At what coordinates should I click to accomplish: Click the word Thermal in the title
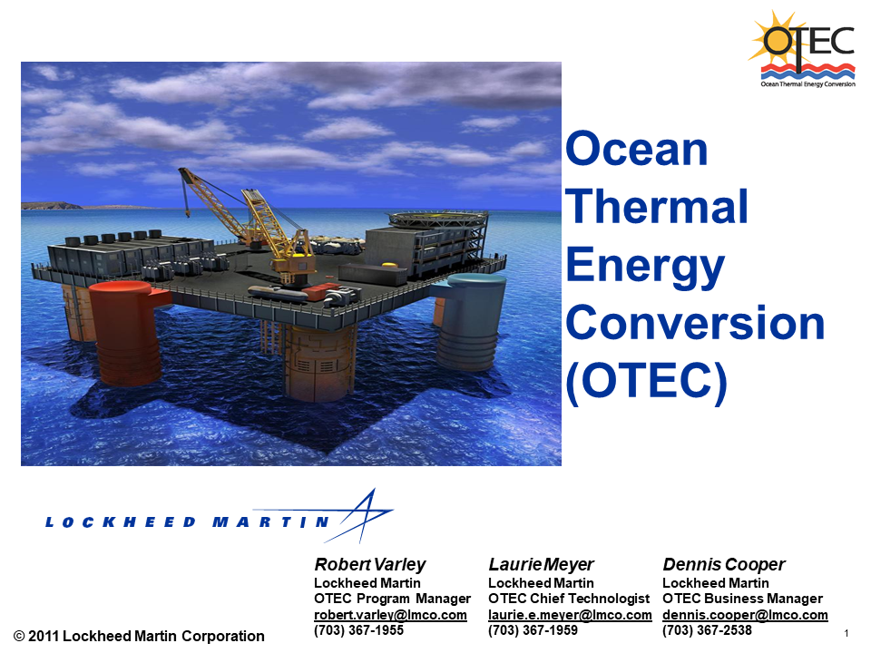[x=657, y=207]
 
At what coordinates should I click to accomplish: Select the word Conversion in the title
[x=695, y=324]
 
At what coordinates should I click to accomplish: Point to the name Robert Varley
[x=369, y=564]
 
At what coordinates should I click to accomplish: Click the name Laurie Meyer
[x=541, y=564]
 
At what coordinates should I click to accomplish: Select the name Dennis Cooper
[x=723, y=564]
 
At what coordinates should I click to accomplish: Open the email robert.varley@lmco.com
[x=390, y=615]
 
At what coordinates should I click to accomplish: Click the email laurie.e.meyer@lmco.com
[x=570, y=615]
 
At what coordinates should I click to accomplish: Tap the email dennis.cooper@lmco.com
[x=745, y=615]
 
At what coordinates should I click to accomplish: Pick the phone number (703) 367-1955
[x=358, y=630]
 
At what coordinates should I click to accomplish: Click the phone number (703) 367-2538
[x=707, y=630]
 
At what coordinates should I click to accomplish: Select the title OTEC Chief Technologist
[x=569, y=599]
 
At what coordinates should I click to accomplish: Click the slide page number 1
[x=846, y=632]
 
